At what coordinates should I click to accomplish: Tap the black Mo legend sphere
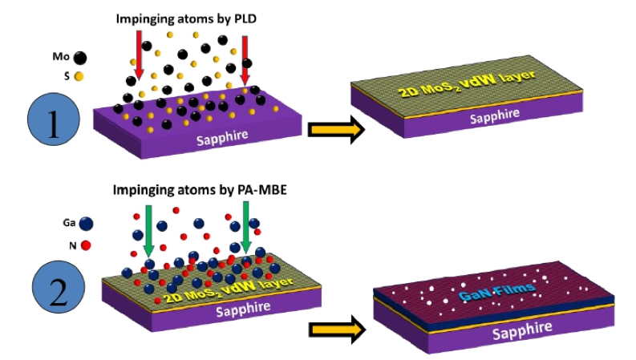click(x=80, y=57)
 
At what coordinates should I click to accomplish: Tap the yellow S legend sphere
click(x=79, y=77)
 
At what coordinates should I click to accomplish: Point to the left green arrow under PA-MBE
click(x=148, y=234)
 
